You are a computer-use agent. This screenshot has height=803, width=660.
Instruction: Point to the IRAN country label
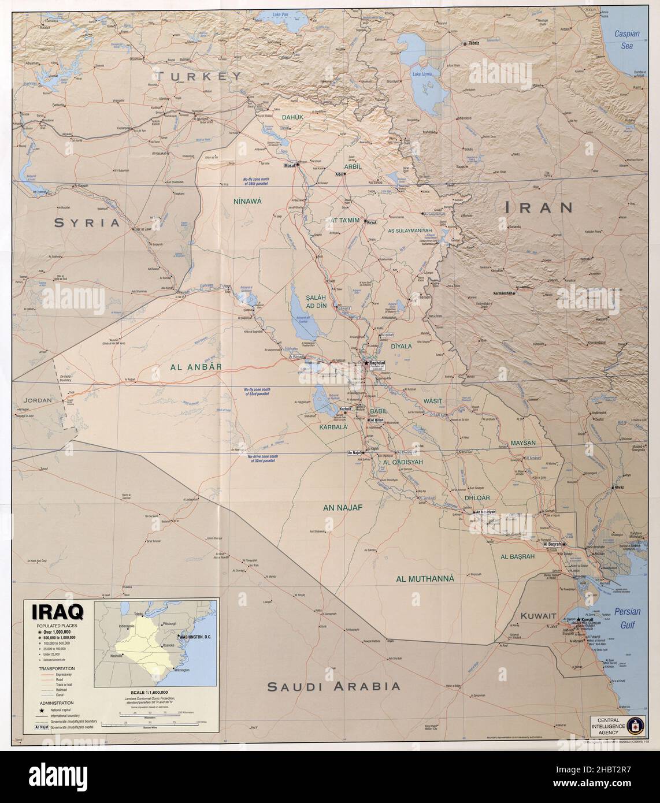pyautogui.click(x=538, y=207)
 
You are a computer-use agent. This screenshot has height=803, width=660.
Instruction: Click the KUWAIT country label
pyautogui.click(x=537, y=616)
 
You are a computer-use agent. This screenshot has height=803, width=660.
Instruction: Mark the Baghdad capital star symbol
pyautogui.click(x=365, y=363)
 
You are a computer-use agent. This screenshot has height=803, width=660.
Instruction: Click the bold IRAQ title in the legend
pyautogui.click(x=53, y=611)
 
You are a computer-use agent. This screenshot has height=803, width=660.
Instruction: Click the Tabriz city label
pyautogui.click(x=474, y=43)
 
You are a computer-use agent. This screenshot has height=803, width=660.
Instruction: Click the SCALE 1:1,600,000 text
pyautogui.click(x=151, y=692)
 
